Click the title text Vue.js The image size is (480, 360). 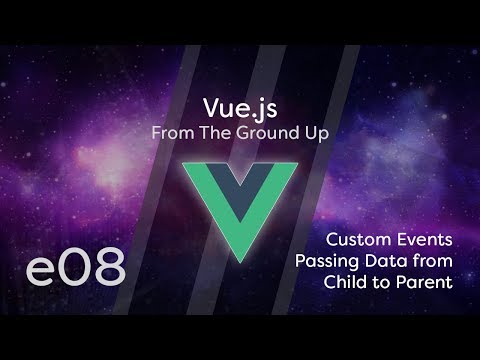(x=239, y=108)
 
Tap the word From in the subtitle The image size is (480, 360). (x=170, y=132)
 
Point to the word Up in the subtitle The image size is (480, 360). (x=318, y=132)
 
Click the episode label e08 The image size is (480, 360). (x=76, y=267)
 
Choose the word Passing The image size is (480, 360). (x=330, y=262)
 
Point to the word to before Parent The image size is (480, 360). (x=380, y=284)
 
